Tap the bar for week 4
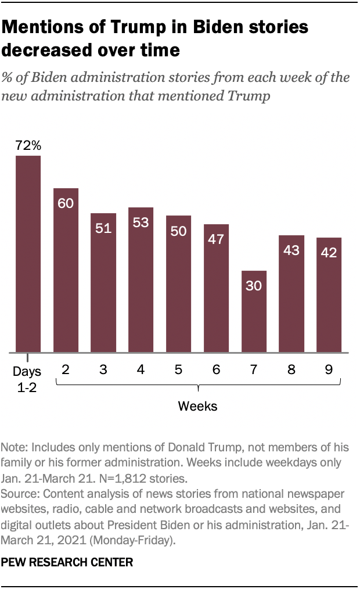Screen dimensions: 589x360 pyautogui.click(x=141, y=279)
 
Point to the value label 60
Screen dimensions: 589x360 pyautogui.click(x=66, y=203)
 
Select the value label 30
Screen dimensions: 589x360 pyautogui.click(x=254, y=286)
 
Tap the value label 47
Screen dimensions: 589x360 pyautogui.click(x=216, y=239)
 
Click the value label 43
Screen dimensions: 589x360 pyautogui.click(x=291, y=250)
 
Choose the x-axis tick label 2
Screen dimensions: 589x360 pyautogui.click(x=66, y=369)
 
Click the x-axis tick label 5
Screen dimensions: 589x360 pyautogui.click(x=178, y=369)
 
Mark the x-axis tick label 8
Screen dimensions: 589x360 pyautogui.click(x=291, y=369)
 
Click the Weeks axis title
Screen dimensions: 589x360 pyautogui.click(x=197, y=406)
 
